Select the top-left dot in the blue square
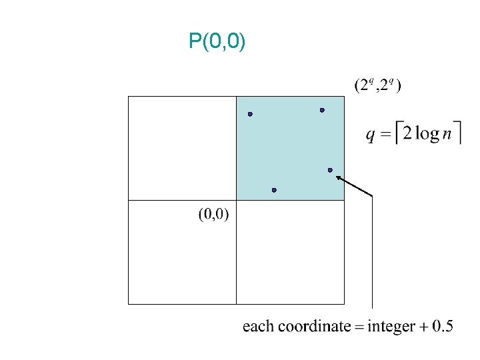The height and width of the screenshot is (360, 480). tap(250, 114)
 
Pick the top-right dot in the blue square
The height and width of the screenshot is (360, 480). tap(322, 110)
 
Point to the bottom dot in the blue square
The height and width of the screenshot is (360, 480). tap(274, 190)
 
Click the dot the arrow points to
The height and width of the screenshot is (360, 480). tap(330, 170)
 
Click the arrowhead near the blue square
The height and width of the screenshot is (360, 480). tap(339, 177)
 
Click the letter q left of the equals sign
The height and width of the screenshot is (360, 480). tap(371, 135)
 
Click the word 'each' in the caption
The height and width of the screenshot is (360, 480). tap(257, 326)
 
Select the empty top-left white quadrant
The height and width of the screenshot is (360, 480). tap(182, 148)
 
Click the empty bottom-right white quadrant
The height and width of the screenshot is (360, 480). tap(290, 252)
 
